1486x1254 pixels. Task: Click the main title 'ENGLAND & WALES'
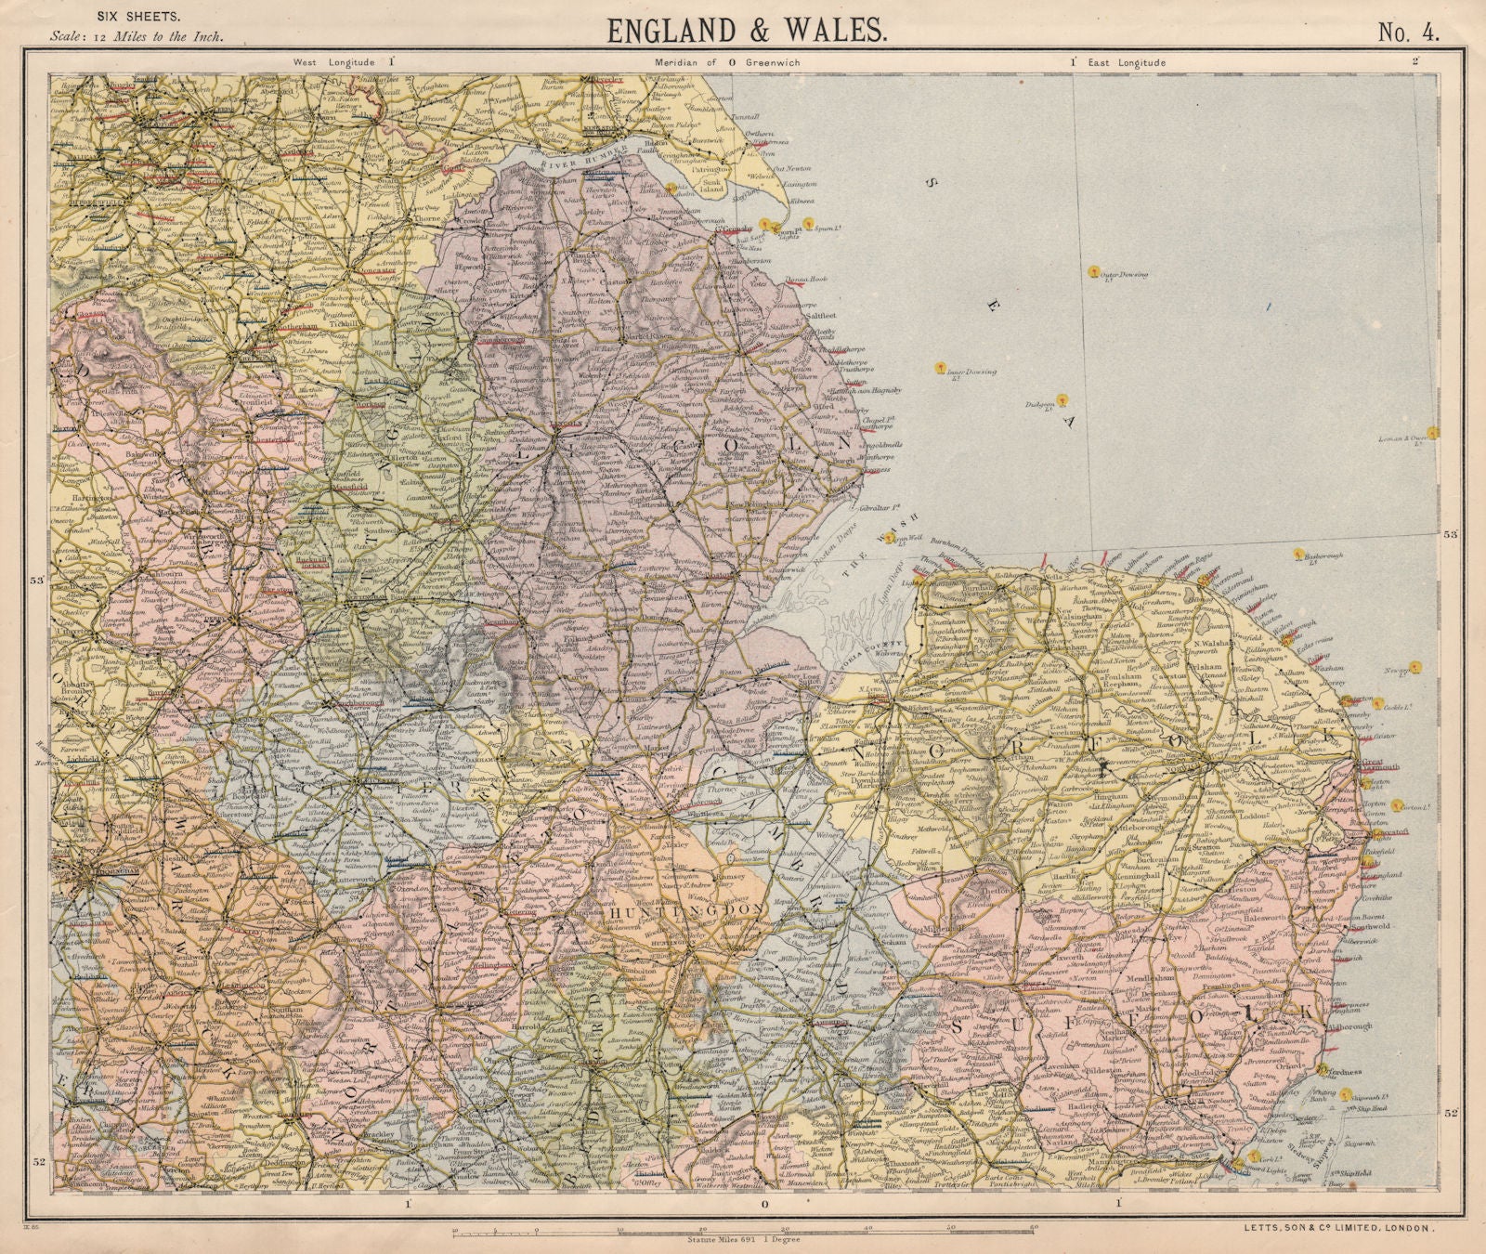(746, 31)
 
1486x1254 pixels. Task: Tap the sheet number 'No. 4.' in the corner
(1409, 33)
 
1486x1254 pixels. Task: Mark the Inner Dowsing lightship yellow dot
(941, 367)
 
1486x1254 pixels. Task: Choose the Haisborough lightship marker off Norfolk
(1298, 555)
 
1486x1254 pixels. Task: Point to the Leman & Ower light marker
(1433, 433)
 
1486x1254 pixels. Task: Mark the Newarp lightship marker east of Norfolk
(1415, 665)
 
